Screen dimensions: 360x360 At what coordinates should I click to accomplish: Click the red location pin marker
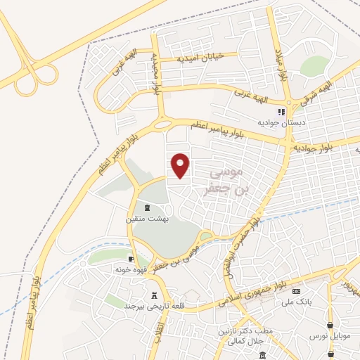click(x=181, y=165)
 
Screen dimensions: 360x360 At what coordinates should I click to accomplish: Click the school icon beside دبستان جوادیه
click(x=281, y=112)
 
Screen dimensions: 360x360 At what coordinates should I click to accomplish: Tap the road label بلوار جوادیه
click(x=323, y=148)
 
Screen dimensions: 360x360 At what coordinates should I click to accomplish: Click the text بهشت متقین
click(x=146, y=219)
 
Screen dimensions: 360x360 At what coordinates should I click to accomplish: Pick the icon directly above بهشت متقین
click(x=146, y=208)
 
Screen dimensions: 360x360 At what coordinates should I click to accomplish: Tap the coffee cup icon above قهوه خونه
click(x=131, y=259)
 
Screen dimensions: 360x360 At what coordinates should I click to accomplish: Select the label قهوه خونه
click(x=131, y=269)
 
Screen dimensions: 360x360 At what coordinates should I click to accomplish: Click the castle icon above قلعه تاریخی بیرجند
click(x=154, y=295)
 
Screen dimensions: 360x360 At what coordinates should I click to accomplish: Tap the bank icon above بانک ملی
click(x=297, y=291)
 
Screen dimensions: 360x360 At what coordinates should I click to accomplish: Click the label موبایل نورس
click(x=328, y=337)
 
